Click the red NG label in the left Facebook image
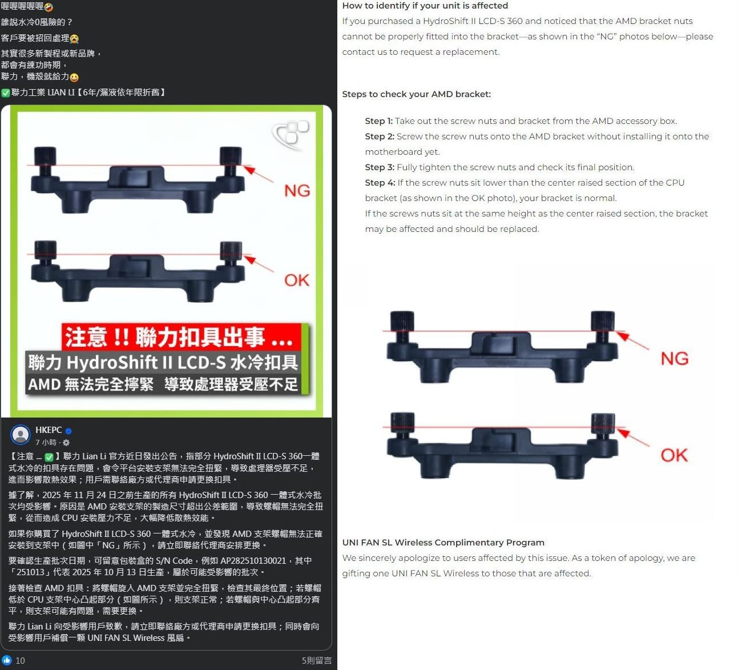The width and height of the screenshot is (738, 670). pos(297,190)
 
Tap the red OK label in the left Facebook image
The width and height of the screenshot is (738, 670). pos(297,280)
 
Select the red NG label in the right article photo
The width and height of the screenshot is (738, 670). pos(674,358)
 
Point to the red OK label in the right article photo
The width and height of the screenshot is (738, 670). pos(674,455)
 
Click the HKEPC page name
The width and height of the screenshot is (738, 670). pos(49,430)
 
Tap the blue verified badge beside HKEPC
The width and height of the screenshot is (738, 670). pos(68,431)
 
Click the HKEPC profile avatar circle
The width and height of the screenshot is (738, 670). pos(21,435)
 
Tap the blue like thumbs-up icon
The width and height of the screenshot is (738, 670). pos(7,660)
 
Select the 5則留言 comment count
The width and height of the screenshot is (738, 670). pos(316,661)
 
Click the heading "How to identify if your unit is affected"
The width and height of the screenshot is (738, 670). pos(425,6)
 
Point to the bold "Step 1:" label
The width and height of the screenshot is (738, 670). pos(378,121)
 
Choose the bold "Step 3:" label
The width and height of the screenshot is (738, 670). pos(380,167)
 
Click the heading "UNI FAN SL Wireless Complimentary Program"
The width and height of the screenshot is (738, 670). pos(443,542)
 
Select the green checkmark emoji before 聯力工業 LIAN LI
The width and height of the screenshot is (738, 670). pos(6,93)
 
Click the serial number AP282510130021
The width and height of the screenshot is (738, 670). pos(253,560)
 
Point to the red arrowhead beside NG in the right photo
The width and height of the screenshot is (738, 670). pos(623,336)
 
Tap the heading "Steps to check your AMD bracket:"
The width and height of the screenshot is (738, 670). pos(417,94)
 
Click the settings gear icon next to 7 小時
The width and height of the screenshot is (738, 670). pos(66,442)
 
